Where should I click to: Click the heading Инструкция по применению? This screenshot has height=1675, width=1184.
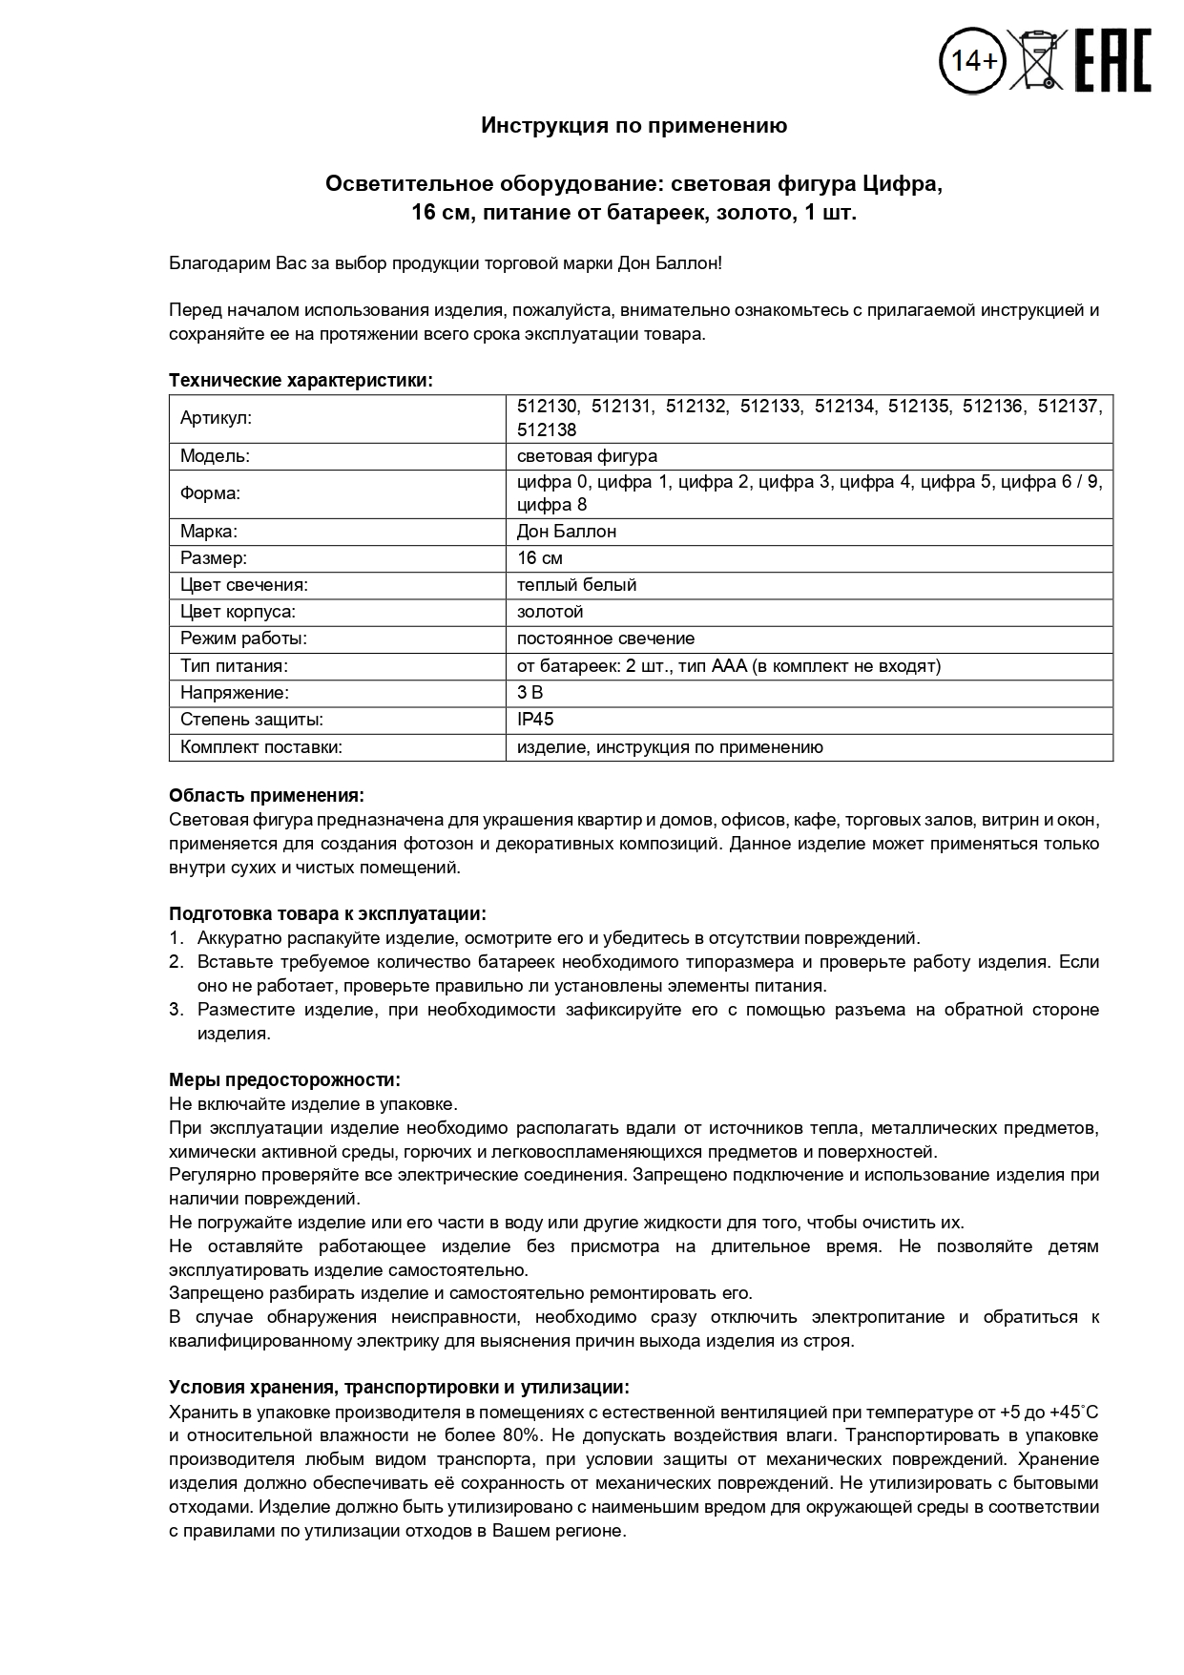tap(634, 126)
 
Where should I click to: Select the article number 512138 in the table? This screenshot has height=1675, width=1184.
tap(547, 430)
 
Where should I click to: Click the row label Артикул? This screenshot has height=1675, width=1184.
tap(216, 418)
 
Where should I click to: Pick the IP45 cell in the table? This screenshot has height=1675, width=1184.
tap(535, 720)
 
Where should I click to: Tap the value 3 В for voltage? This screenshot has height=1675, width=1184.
tap(530, 693)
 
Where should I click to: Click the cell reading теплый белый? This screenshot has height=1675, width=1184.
tap(576, 585)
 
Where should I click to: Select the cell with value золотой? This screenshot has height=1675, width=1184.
tap(550, 612)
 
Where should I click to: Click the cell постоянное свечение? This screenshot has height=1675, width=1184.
tap(605, 639)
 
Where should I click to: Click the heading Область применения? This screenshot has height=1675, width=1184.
tap(266, 795)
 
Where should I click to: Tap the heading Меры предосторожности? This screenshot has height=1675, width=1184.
tap(284, 1079)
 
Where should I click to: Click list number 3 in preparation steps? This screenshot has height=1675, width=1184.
tap(176, 1010)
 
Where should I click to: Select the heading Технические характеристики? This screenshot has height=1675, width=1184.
tap(301, 381)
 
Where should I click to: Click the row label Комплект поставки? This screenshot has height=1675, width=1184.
tap(260, 747)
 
